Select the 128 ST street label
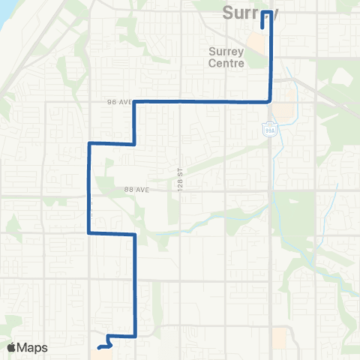pyautogui.click(x=181, y=169)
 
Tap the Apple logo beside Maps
pyautogui.click(x=11, y=347)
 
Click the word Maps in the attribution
pyautogui.click(x=32, y=347)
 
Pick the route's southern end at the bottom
pyautogui.click(x=99, y=348)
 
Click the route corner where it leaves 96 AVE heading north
pyautogui.click(x=270, y=100)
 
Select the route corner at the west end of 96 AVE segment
pyautogui.click(x=134, y=101)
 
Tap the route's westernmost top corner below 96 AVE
pyautogui.click(x=90, y=142)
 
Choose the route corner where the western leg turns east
pyautogui.click(x=90, y=233)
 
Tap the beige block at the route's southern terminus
pyautogui.click(x=103, y=352)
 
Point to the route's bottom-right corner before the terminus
pyautogui.click(x=135, y=336)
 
